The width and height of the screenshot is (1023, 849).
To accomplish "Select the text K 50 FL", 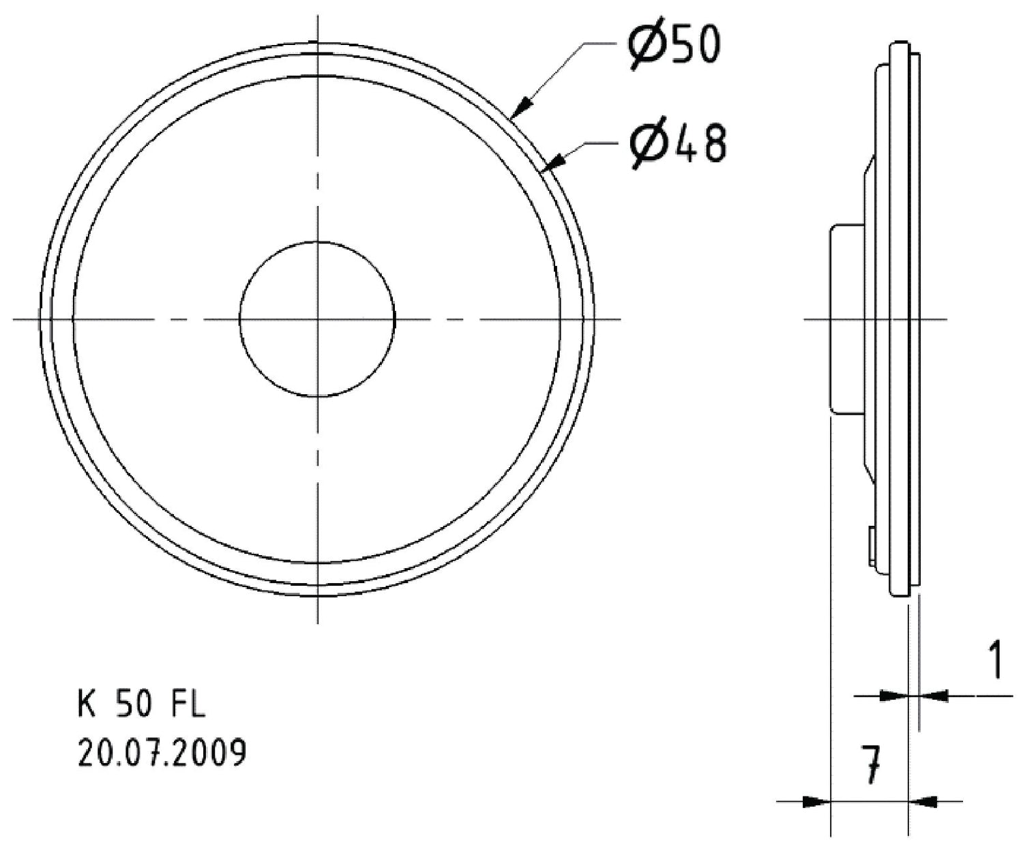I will pyautogui.click(x=140, y=705).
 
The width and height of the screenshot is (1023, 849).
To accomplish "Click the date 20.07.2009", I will pyautogui.click(x=162, y=754).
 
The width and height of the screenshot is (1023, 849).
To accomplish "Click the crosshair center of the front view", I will pyautogui.click(x=318, y=318).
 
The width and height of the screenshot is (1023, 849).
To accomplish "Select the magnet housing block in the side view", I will pyautogui.click(x=846, y=318).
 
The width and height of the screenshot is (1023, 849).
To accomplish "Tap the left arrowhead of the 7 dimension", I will pyautogui.click(x=814, y=802).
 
